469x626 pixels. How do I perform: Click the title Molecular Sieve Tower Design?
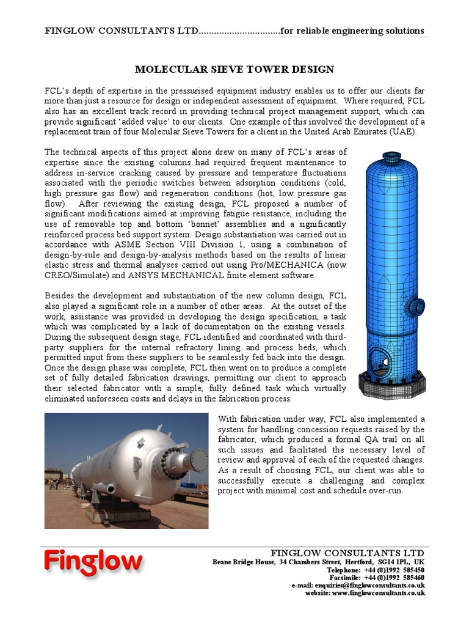(x=234, y=70)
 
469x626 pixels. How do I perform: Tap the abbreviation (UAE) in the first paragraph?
(x=402, y=131)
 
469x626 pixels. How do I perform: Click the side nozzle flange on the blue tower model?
(x=418, y=306)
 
